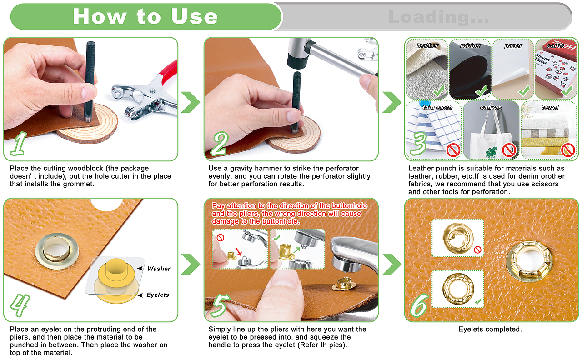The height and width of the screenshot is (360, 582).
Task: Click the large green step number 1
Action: (19, 144)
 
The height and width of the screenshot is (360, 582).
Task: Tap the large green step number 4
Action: (20, 305)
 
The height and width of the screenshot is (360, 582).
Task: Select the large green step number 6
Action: (419, 305)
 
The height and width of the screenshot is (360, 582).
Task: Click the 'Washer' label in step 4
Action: (159, 269)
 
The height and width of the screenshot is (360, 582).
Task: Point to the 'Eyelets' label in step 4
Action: (158, 295)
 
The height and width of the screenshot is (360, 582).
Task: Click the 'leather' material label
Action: (427, 46)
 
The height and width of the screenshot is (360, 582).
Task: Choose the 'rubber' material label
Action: (470, 46)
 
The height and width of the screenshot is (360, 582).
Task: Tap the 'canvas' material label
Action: (491, 107)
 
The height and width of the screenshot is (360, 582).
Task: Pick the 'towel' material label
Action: (550, 107)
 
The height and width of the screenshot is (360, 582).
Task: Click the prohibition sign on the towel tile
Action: (568, 150)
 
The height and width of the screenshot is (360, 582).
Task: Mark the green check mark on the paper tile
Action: (524, 90)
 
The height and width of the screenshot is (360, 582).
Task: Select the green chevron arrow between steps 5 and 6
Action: (392, 264)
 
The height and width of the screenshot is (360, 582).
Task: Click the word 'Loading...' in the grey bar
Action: (439, 17)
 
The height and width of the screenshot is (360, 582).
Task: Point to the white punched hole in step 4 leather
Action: (106, 205)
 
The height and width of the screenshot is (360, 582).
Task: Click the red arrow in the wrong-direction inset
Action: (239, 252)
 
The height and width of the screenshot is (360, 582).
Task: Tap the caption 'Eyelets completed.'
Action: (490, 330)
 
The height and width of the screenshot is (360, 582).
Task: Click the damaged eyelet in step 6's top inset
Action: (458, 238)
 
